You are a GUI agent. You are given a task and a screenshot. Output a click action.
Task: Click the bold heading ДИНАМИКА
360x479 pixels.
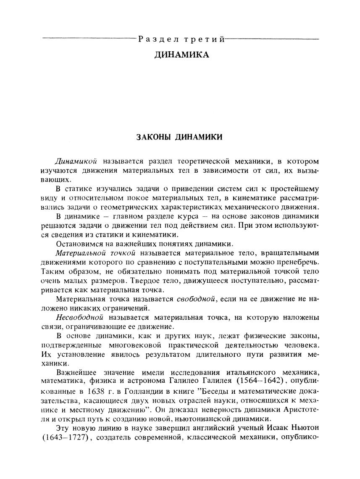pyautogui.click(x=181, y=55)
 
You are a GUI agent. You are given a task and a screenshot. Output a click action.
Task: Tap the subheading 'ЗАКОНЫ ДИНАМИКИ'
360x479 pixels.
pyautogui.click(x=180, y=137)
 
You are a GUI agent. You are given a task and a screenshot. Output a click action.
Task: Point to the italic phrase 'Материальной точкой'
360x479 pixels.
pyautogui.click(x=95, y=253)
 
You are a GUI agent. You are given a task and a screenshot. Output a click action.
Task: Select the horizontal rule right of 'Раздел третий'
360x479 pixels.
pyautogui.click(x=272, y=39)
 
